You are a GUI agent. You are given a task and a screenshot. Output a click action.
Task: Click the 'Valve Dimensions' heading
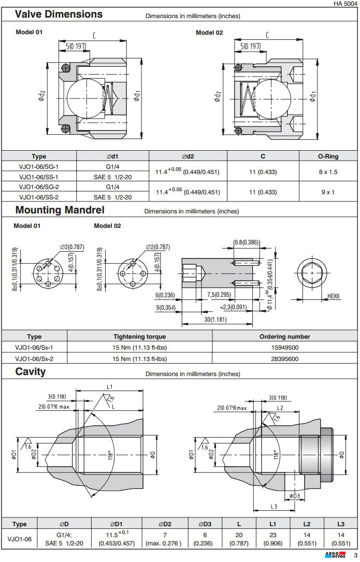(59, 15)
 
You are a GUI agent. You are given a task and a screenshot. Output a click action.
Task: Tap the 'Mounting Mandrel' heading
(60, 210)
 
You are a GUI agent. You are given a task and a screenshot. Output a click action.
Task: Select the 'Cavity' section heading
(31, 372)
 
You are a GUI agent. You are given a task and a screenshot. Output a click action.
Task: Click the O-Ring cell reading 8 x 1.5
(327, 171)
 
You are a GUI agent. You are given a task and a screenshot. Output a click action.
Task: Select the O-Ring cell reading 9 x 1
(327, 192)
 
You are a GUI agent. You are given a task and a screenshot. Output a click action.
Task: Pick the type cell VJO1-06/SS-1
(39, 177)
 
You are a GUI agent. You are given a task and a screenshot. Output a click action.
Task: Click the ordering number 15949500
(285, 348)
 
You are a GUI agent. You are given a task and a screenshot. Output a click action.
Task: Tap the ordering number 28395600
(285, 358)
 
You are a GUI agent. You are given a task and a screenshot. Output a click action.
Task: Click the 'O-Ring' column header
(327, 156)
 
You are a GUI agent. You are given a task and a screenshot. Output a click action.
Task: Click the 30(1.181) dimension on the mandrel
(216, 320)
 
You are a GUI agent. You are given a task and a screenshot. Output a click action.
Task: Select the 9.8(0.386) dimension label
(247, 242)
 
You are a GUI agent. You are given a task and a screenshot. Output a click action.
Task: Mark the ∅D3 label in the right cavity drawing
(294, 496)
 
